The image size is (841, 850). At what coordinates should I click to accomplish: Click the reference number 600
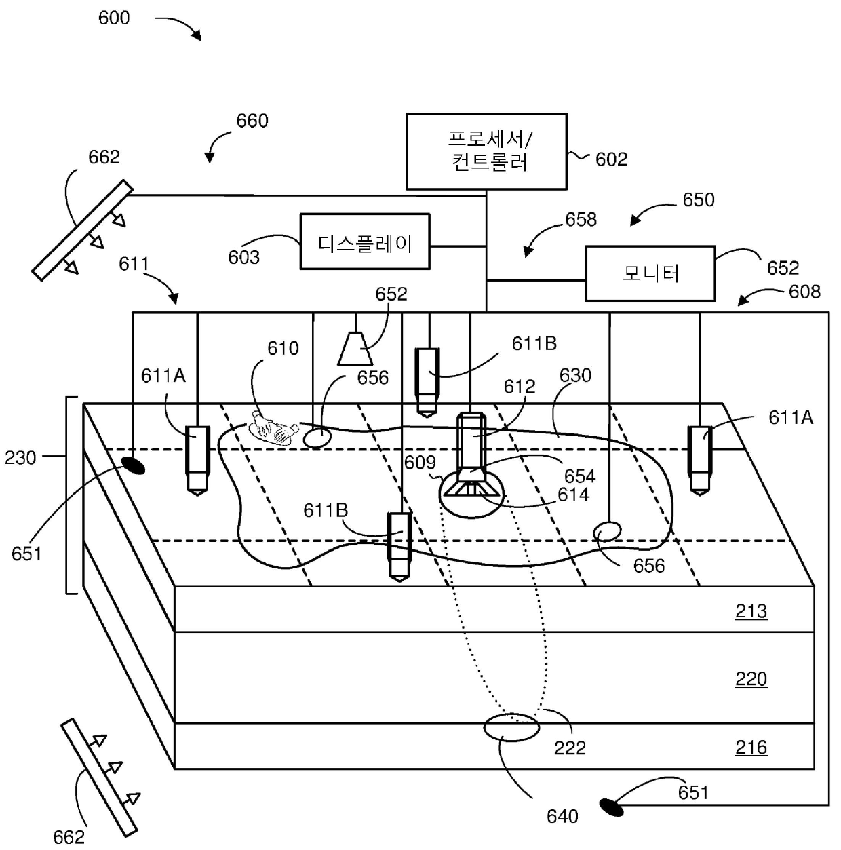(x=114, y=18)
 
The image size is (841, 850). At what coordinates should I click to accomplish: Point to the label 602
(x=611, y=159)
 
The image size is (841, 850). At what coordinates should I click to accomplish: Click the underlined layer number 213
(x=751, y=611)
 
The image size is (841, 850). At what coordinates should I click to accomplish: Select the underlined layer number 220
(x=751, y=678)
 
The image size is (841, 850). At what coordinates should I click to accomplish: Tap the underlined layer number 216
(x=751, y=747)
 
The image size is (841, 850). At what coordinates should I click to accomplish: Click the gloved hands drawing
(x=273, y=428)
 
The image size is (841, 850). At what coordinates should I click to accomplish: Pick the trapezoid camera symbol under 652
(x=355, y=348)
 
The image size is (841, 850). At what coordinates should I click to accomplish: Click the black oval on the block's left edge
(x=133, y=465)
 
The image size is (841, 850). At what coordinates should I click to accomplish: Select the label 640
(x=562, y=817)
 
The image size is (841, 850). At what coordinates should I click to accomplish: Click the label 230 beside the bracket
(x=20, y=457)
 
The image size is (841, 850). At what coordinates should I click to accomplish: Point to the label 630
(x=575, y=375)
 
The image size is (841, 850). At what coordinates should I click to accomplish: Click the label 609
(x=420, y=462)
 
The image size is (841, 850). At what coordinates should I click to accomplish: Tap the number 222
(x=570, y=748)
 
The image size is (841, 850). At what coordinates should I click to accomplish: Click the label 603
(x=243, y=257)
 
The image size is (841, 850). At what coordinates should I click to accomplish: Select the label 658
(x=581, y=219)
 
